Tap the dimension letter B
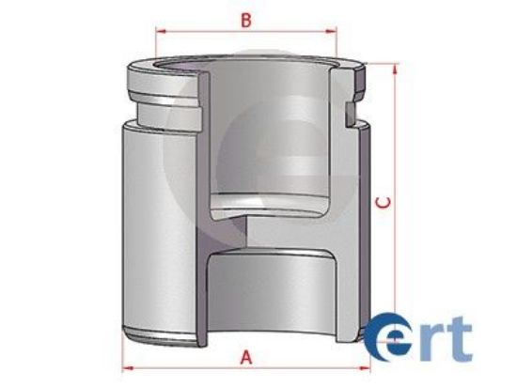(x=245, y=19)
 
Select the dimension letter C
(x=381, y=201)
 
